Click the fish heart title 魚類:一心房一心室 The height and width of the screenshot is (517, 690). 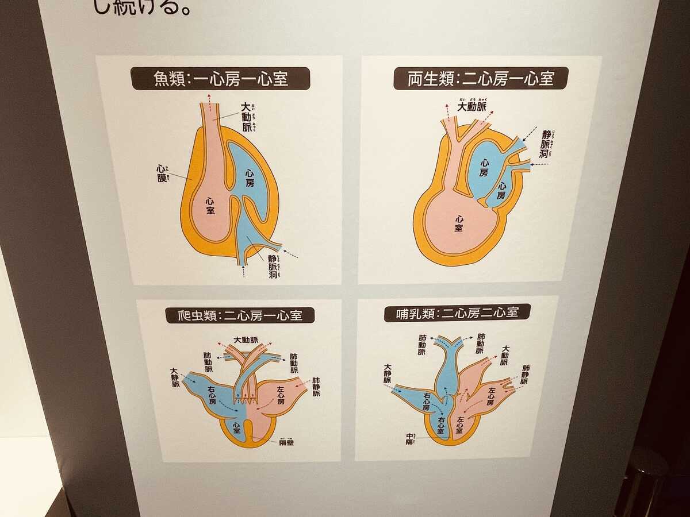tap(221, 79)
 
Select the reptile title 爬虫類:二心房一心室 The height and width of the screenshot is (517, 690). tap(239, 315)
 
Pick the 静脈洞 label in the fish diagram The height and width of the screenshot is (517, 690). tap(273, 268)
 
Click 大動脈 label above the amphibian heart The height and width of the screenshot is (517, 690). tap(471, 107)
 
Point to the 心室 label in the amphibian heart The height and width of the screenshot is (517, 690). tap(458, 223)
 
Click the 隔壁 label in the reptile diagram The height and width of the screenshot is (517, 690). tap(286, 442)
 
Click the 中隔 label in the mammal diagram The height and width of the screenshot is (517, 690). tap(411, 439)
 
